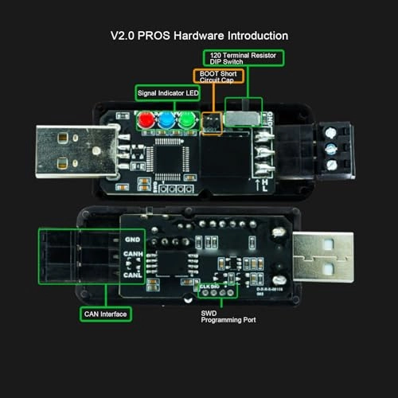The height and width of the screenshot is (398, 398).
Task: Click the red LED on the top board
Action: (146, 121)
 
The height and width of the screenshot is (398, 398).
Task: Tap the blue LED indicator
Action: (166, 121)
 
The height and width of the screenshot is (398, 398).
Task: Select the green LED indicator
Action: (186, 121)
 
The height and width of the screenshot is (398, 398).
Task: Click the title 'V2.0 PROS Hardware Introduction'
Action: (199, 36)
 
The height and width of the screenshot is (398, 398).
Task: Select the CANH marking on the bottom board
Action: (133, 256)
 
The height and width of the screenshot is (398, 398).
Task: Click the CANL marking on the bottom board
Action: (133, 275)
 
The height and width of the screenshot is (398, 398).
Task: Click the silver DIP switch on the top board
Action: (241, 119)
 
